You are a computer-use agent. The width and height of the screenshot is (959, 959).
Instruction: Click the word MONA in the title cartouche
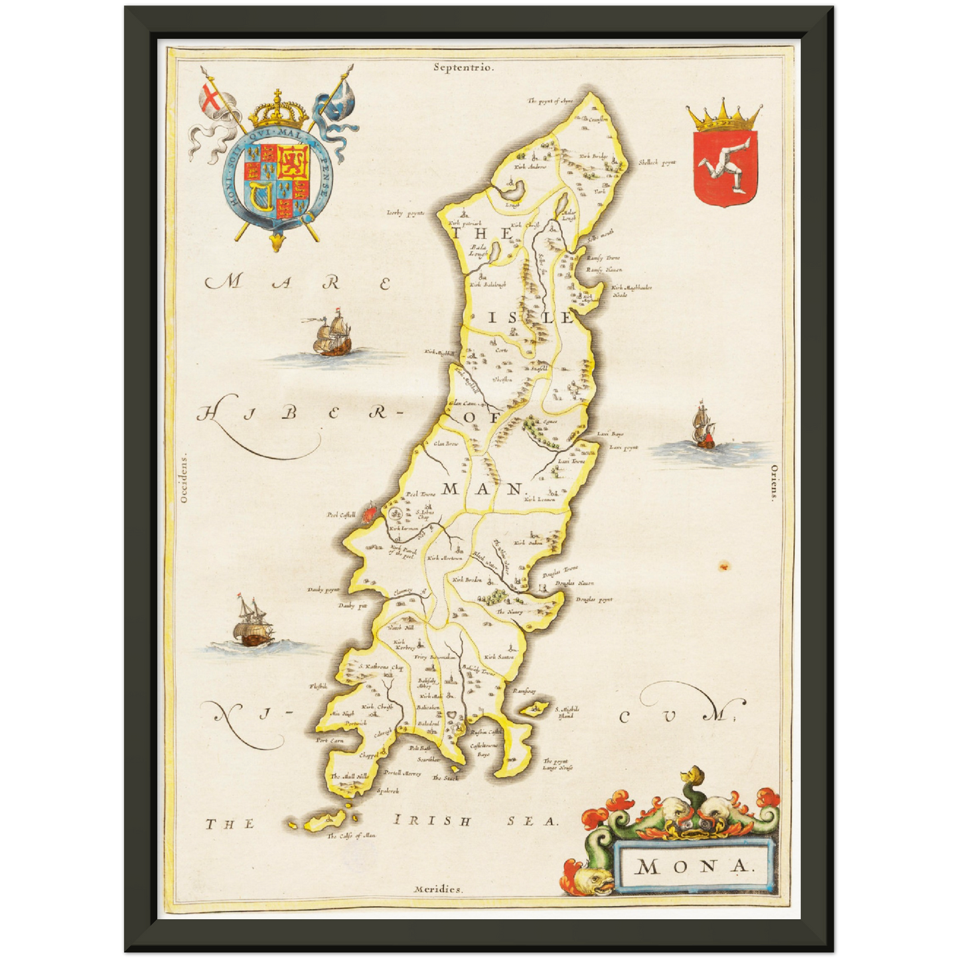[x=693, y=865]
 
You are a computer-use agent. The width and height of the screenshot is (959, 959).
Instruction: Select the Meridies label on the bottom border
[x=437, y=889]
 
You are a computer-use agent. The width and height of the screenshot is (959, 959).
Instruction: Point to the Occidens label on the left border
[x=184, y=478]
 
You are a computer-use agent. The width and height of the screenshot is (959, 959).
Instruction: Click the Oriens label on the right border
[x=774, y=481]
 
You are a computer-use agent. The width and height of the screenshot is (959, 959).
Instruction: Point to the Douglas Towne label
[x=560, y=569]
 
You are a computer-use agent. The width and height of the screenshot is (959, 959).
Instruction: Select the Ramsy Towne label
[x=603, y=258]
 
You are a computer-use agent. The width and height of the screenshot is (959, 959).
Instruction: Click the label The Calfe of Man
[x=351, y=836]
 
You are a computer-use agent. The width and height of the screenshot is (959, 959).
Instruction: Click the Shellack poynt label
[x=657, y=162]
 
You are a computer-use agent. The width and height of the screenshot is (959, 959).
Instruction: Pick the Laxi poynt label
[x=624, y=447]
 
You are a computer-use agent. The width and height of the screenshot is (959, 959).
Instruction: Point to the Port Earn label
[x=330, y=739]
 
